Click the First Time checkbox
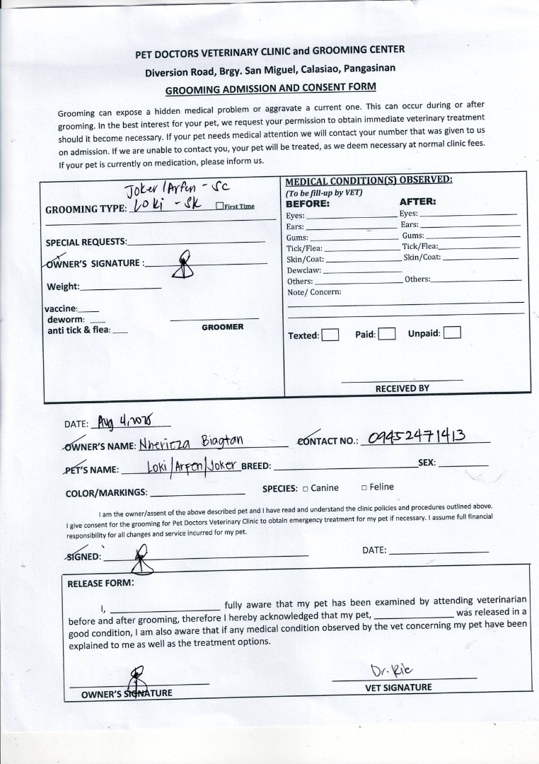tap(219, 206)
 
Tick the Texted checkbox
tap(330, 335)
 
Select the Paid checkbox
tap(386, 334)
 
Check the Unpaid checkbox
tap(452, 332)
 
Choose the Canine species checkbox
tap(305, 488)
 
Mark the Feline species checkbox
tap(364, 487)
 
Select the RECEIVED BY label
tap(402, 388)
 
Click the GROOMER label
tap(222, 327)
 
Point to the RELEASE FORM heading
tap(100, 584)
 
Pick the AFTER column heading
tap(417, 201)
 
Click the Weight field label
tap(63, 286)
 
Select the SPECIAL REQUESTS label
tap(86, 242)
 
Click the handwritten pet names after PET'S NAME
tap(193, 467)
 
